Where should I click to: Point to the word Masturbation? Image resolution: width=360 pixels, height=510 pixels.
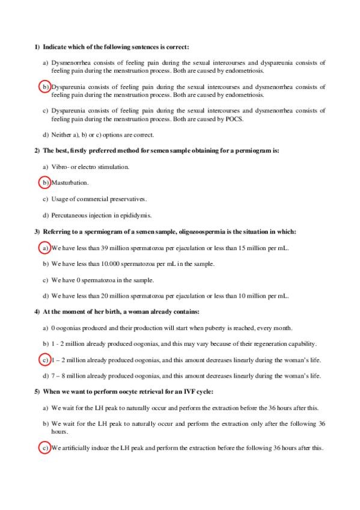click(x=70, y=182)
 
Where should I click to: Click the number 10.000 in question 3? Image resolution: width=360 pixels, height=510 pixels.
click(x=109, y=263)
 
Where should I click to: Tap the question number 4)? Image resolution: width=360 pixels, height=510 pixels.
click(x=37, y=312)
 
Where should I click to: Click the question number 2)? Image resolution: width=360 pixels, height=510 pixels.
click(x=37, y=150)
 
